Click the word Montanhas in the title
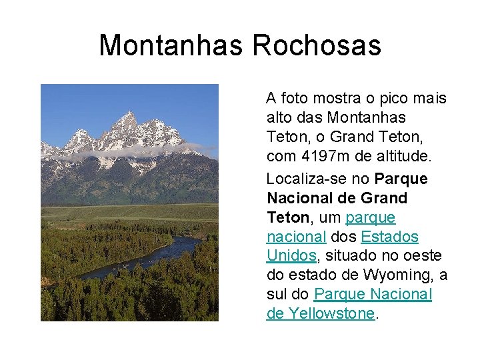[x=171, y=45]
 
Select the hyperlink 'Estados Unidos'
[x=389, y=237]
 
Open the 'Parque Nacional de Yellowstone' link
[x=373, y=295]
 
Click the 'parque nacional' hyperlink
[x=370, y=218]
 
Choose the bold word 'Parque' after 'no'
[x=401, y=179]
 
